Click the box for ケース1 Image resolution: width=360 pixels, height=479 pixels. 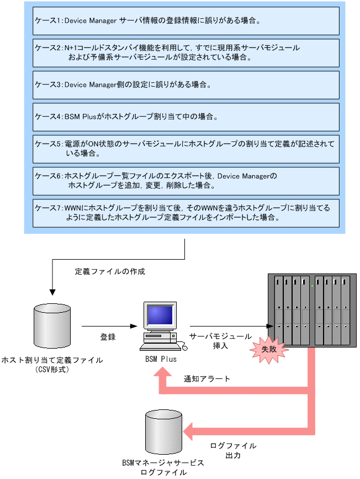pos(185,21)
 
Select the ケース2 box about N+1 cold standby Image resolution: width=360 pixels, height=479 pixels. pos(185,52)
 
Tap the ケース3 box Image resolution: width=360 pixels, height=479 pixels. pos(185,85)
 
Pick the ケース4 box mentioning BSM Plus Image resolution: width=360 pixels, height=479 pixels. pos(185,117)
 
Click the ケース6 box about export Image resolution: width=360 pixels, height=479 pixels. pos(185,181)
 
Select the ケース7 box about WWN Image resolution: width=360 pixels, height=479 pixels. pos(185,213)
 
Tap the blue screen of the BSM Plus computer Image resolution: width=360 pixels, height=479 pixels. pos(160,316)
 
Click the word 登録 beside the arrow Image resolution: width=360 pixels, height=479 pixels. pos(108,337)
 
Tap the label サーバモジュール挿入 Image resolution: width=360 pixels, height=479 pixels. pos(220,341)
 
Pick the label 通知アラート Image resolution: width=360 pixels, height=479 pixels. pos(207,380)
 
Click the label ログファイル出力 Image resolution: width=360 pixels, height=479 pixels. pos(234,451)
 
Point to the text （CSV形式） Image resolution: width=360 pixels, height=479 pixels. pos(52,369)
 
